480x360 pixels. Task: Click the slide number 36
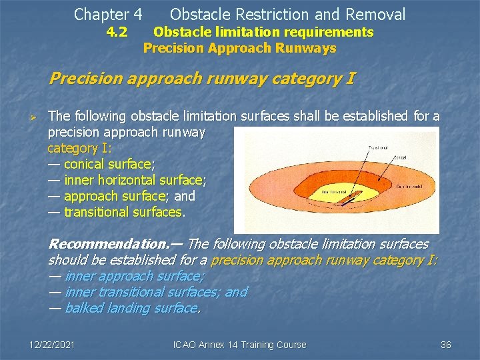coord(446,345)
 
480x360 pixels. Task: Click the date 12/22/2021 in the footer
coord(52,345)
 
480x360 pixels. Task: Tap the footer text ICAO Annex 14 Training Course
coord(239,345)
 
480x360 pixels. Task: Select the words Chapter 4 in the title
coord(108,14)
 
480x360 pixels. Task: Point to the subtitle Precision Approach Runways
coord(239,48)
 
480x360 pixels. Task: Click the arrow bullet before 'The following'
coord(38,117)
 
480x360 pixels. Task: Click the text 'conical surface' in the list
coord(107,164)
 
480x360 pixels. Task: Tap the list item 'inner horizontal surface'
coord(133,180)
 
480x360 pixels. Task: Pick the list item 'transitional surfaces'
coord(123,212)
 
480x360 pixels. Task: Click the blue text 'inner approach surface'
coord(133,276)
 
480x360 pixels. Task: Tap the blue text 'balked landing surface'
coord(131,308)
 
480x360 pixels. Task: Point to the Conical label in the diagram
coord(400,158)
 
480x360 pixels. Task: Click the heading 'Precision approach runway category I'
coord(201,79)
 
